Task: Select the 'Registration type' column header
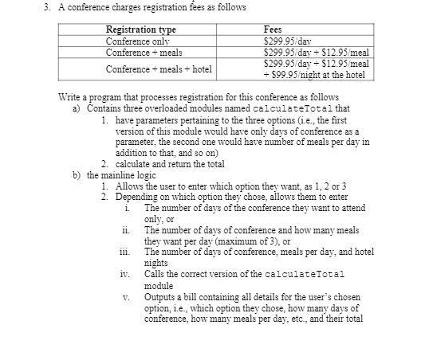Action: [x=141, y=29]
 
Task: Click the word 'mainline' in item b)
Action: [x=117, y=174]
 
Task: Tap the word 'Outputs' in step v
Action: [x=163, y=297]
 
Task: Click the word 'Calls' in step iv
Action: [x=156, y=275]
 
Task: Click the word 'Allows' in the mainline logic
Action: [x=131, y=186]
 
